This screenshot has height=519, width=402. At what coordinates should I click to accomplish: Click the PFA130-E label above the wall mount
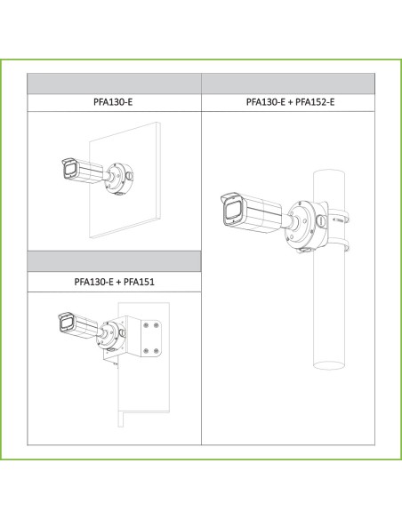tap(113, 101)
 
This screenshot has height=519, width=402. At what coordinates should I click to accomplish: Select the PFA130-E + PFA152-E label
tap(290, 101)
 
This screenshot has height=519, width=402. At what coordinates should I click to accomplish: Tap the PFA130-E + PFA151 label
tap(114, 282)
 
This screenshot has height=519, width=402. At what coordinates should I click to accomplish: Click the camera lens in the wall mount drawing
tap(70, 170)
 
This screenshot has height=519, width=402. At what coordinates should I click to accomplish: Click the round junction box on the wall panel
tap(118, 179)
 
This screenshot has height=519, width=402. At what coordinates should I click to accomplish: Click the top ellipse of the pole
tap(329, 173)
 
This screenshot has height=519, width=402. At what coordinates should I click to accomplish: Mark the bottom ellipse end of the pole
tap(329, 364)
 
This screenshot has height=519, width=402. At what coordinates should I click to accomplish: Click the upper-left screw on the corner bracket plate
tap(146, 326)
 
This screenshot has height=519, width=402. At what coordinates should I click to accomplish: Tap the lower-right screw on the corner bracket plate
tap(157, 351)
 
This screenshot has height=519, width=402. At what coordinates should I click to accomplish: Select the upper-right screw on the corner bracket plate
tap(157, 326)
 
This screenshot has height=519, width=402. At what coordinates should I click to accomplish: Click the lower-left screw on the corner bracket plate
tap(146, 351)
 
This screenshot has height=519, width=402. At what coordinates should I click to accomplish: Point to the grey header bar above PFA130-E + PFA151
tap(114, 261)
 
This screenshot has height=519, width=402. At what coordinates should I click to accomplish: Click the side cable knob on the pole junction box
tap(321, 220)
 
